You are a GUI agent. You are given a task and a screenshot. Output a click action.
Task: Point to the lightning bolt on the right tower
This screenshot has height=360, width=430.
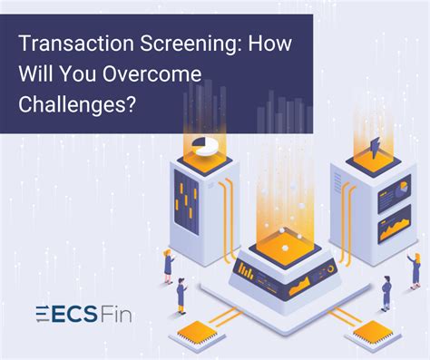[373, 145]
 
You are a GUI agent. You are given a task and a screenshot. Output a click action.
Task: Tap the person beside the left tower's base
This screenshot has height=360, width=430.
[168, 266]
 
